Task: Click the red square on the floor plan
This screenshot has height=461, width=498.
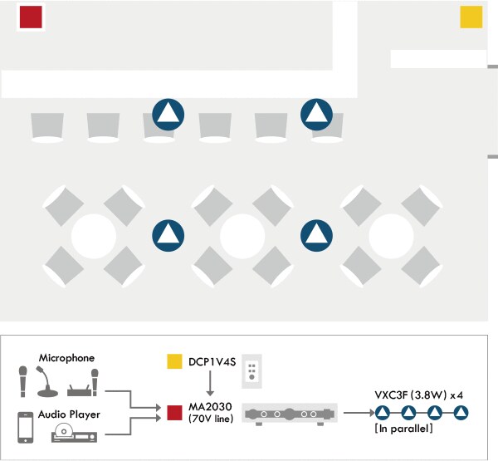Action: pyautogui.click(x=31, y=17)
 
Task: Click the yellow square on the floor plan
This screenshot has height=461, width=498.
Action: pyautogui.click(x=471, y=17)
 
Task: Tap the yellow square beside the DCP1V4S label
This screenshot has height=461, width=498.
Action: pyautogui.click(x=174, y=361)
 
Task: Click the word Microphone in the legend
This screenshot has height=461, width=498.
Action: pyautogui.click(x=66, y=358)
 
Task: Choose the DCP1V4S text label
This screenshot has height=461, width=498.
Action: pyautogui.click(x=211, y=361)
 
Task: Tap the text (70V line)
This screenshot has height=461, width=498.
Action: pyautogui.click(x=211, y=419)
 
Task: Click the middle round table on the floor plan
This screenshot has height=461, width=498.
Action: pyautogui.click(x=242, y=236)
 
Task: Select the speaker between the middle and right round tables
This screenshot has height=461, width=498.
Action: pyautogui.click(x=316, y=236)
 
